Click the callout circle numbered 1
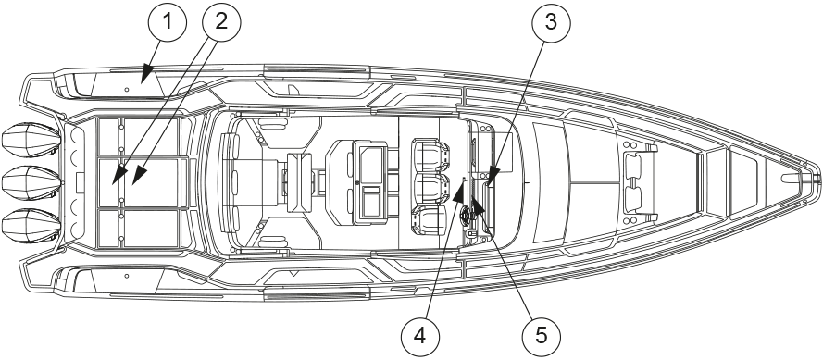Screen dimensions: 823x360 (x=168, y=22)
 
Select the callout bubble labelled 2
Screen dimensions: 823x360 (x=221, y=22)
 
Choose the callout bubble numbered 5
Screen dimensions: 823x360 (x=542, y=336)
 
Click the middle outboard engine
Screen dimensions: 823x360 (x=31, y=182)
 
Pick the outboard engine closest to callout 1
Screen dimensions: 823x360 (x=31, y=140)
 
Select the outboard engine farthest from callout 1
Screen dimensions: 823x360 (x=31, y=226)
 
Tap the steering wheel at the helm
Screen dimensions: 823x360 (x=466, y=215)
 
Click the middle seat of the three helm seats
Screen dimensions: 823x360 (x=432, y=187)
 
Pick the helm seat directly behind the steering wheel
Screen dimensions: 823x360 (x=431, y=220)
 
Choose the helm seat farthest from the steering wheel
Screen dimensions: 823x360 (x=432, y=154)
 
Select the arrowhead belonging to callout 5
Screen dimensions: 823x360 (x=476, y=204)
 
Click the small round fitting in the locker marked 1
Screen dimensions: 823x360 (x=127, y=90)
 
